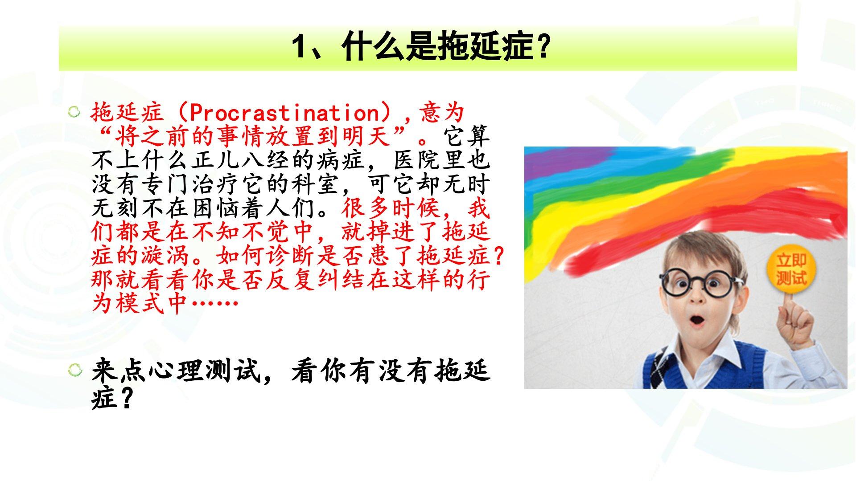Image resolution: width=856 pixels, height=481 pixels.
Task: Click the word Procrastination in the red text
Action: coord(284,113)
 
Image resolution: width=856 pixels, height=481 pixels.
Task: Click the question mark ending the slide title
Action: coord(542,48)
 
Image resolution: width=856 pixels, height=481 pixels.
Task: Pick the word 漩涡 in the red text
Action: coord(166,257)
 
